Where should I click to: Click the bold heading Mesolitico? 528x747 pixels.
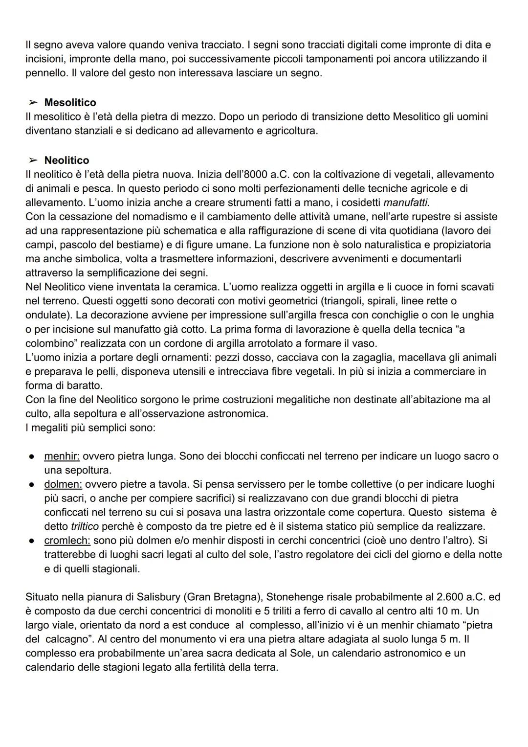pyautogui.click(x=70, y=103)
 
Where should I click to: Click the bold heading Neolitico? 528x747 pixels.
pyautogui.click(x=66, y=160)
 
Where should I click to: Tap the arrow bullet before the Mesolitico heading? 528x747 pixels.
pyautogui.click(x=33, y=103)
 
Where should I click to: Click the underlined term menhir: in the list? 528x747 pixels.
pyautogui.click(x=62, y=456)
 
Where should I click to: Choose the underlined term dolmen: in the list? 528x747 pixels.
pyautogui.click(x=63, y=484)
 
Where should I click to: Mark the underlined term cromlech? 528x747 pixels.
pyautogui.click(x=67, y=541)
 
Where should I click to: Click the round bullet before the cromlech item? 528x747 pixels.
pyautogui.click(x=31, y=541)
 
